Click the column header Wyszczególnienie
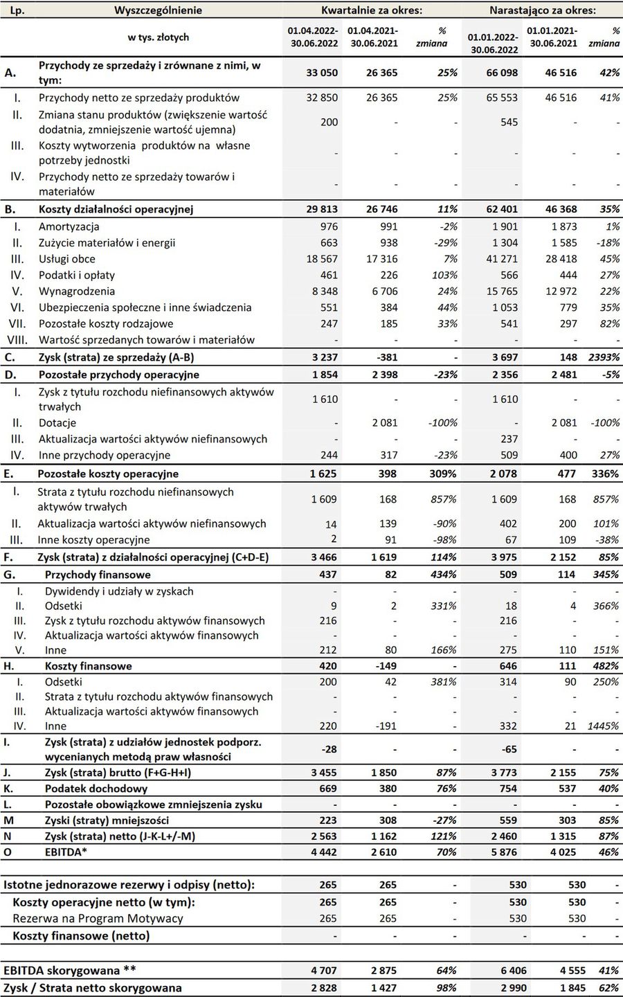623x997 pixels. [x=158, y=10]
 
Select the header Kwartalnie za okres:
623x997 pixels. [x=372, y=10]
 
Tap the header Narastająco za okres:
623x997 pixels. [x=543, y=10]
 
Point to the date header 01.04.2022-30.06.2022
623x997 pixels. [x=312, y=37]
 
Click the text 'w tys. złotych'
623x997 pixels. [x=159, y=37]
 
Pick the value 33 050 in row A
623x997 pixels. [x=322, y=73]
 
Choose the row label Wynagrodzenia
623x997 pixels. [x=77, y=291]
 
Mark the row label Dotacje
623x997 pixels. [x=57, y=422]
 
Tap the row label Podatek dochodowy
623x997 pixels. [x=96, y=789]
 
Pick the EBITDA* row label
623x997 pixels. [x=66, y=852]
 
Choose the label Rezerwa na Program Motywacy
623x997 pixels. [x=98, y=919]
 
